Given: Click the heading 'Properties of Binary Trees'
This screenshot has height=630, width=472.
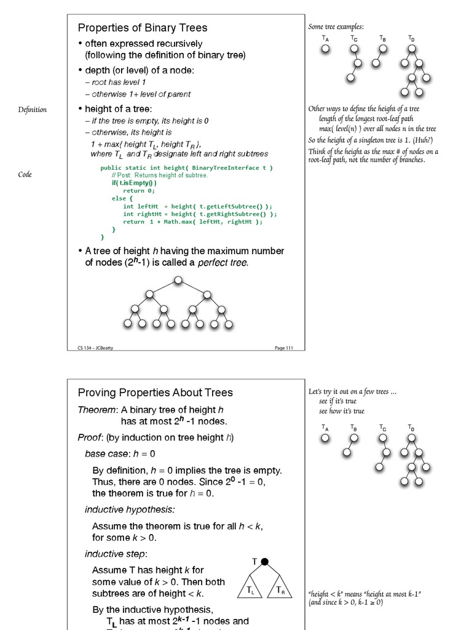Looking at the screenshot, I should coord(142,28).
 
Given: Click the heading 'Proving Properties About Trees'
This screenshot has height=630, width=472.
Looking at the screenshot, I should coord(155,393).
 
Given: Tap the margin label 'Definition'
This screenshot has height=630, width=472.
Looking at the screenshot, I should coord(32,110).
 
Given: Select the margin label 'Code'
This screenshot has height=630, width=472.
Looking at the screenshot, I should coord(25,175).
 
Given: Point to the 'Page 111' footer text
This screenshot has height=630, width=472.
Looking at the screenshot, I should coord(284,348).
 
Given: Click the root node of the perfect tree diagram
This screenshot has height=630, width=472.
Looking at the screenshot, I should coord(178,281).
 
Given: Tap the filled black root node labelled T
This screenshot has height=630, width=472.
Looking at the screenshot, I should coord(265,561).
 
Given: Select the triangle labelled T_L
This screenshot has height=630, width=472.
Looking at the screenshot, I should coord(251,589).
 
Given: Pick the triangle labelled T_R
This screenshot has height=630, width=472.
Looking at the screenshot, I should coord(280,589).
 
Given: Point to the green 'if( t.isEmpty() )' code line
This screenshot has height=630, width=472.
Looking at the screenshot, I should coord(134,183).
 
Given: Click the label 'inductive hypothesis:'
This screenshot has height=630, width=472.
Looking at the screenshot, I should coord(130,509).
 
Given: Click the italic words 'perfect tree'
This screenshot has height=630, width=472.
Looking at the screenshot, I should coord(222,263).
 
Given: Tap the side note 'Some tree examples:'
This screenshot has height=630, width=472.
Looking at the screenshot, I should coord(336,26).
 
